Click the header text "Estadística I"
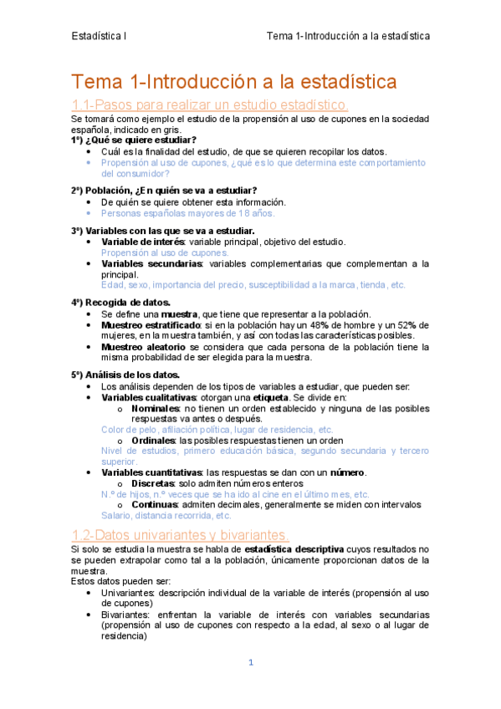(99, 36)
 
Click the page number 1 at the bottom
(250, 663)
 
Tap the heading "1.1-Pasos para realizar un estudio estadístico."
(210, 105)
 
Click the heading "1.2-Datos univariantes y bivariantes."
(181, 534)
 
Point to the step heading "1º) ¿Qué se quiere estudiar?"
(134, 140)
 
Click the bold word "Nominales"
(155, 408)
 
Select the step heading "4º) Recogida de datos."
(121, 302)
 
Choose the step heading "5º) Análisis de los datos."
(125, 375)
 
